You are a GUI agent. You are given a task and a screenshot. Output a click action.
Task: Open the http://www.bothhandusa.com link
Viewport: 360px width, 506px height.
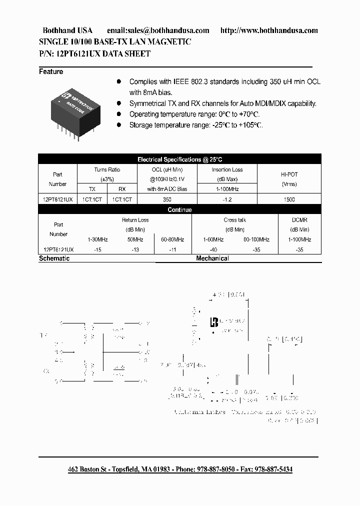[x=269, y=30]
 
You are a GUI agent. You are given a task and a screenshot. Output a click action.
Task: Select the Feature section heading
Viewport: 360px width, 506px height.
[x=51, y=71]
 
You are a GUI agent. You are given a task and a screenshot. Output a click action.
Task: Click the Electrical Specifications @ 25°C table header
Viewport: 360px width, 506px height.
[x=179, y=159]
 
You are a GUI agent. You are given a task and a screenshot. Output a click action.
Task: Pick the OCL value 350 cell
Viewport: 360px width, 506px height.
[x=167, y=199]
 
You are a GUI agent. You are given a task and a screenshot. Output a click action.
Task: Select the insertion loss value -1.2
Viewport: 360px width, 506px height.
[x=227, y=199]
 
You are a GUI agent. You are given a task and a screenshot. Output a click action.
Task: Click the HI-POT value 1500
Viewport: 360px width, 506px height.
[x=289, y=199]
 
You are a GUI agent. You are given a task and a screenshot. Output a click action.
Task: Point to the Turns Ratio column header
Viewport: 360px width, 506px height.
[x=107, y=170]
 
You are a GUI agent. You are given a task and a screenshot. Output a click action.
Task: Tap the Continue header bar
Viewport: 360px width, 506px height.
[x=179, y=210]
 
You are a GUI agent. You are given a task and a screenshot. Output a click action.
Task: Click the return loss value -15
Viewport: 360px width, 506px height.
[x=97, y=248]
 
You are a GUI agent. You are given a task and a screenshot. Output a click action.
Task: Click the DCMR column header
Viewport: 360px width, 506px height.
[x=299, y=220]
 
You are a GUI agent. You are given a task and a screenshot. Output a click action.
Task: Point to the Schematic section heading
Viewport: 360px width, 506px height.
[x=54, y=258]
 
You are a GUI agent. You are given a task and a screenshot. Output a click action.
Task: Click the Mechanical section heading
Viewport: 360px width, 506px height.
[x=212, y=258]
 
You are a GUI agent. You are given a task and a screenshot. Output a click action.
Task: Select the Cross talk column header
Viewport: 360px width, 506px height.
[x=234, y=220]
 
